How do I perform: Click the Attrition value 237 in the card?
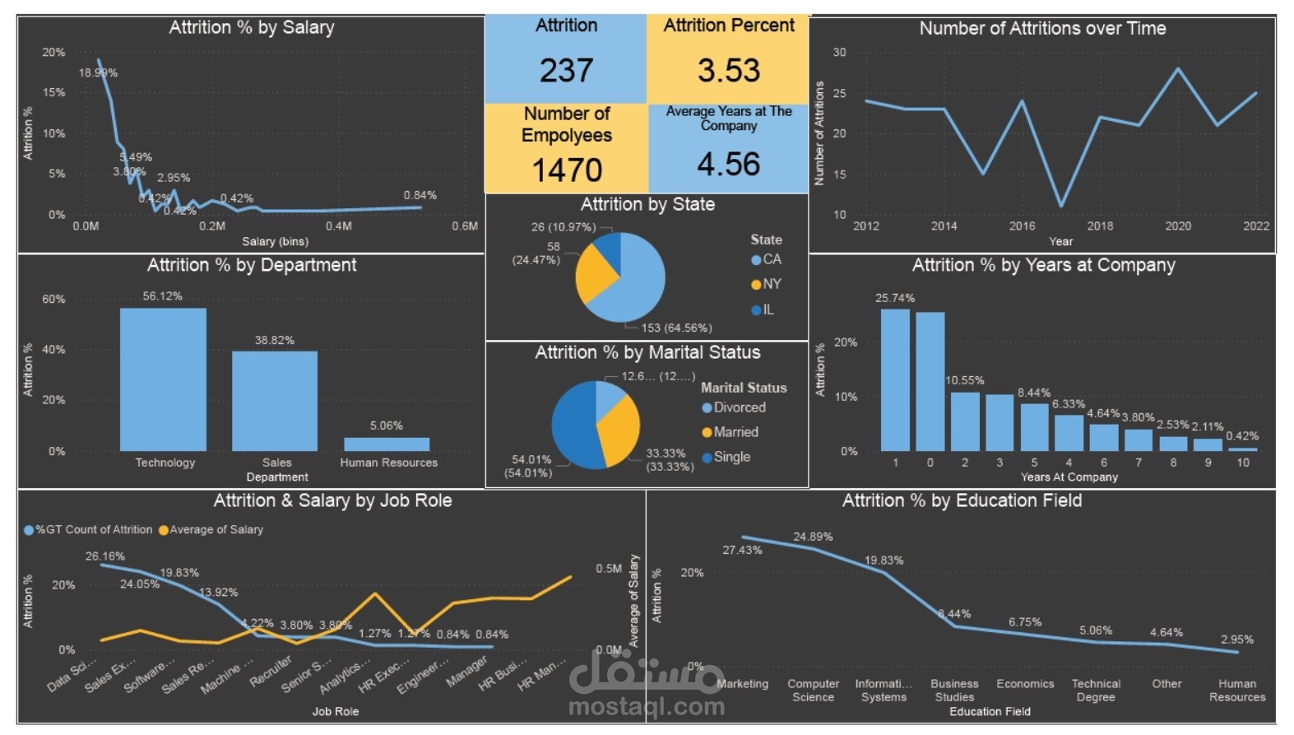(x=566, y=71)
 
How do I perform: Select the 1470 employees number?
(x=567, y=170)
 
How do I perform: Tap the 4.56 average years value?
(x=728, y=165)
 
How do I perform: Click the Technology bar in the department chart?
(x=163, y=379)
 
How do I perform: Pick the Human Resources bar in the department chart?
(x=387, y=444)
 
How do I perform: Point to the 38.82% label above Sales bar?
(x=274, y=340)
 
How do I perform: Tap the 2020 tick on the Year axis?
(x=1177, y=226)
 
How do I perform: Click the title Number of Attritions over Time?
(x=1042, y=28)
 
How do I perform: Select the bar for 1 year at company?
(x=895, y=379)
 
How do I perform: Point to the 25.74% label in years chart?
(x=895, y=298)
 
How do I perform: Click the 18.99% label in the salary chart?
(x=98, y=72)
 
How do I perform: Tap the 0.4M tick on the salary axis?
(x=338, y=226)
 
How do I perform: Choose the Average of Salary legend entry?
(x=211, y=529)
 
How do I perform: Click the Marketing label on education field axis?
(x=742, y=684)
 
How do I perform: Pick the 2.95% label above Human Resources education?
(x=1236, y=640)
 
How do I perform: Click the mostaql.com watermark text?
(x=647, y=706)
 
